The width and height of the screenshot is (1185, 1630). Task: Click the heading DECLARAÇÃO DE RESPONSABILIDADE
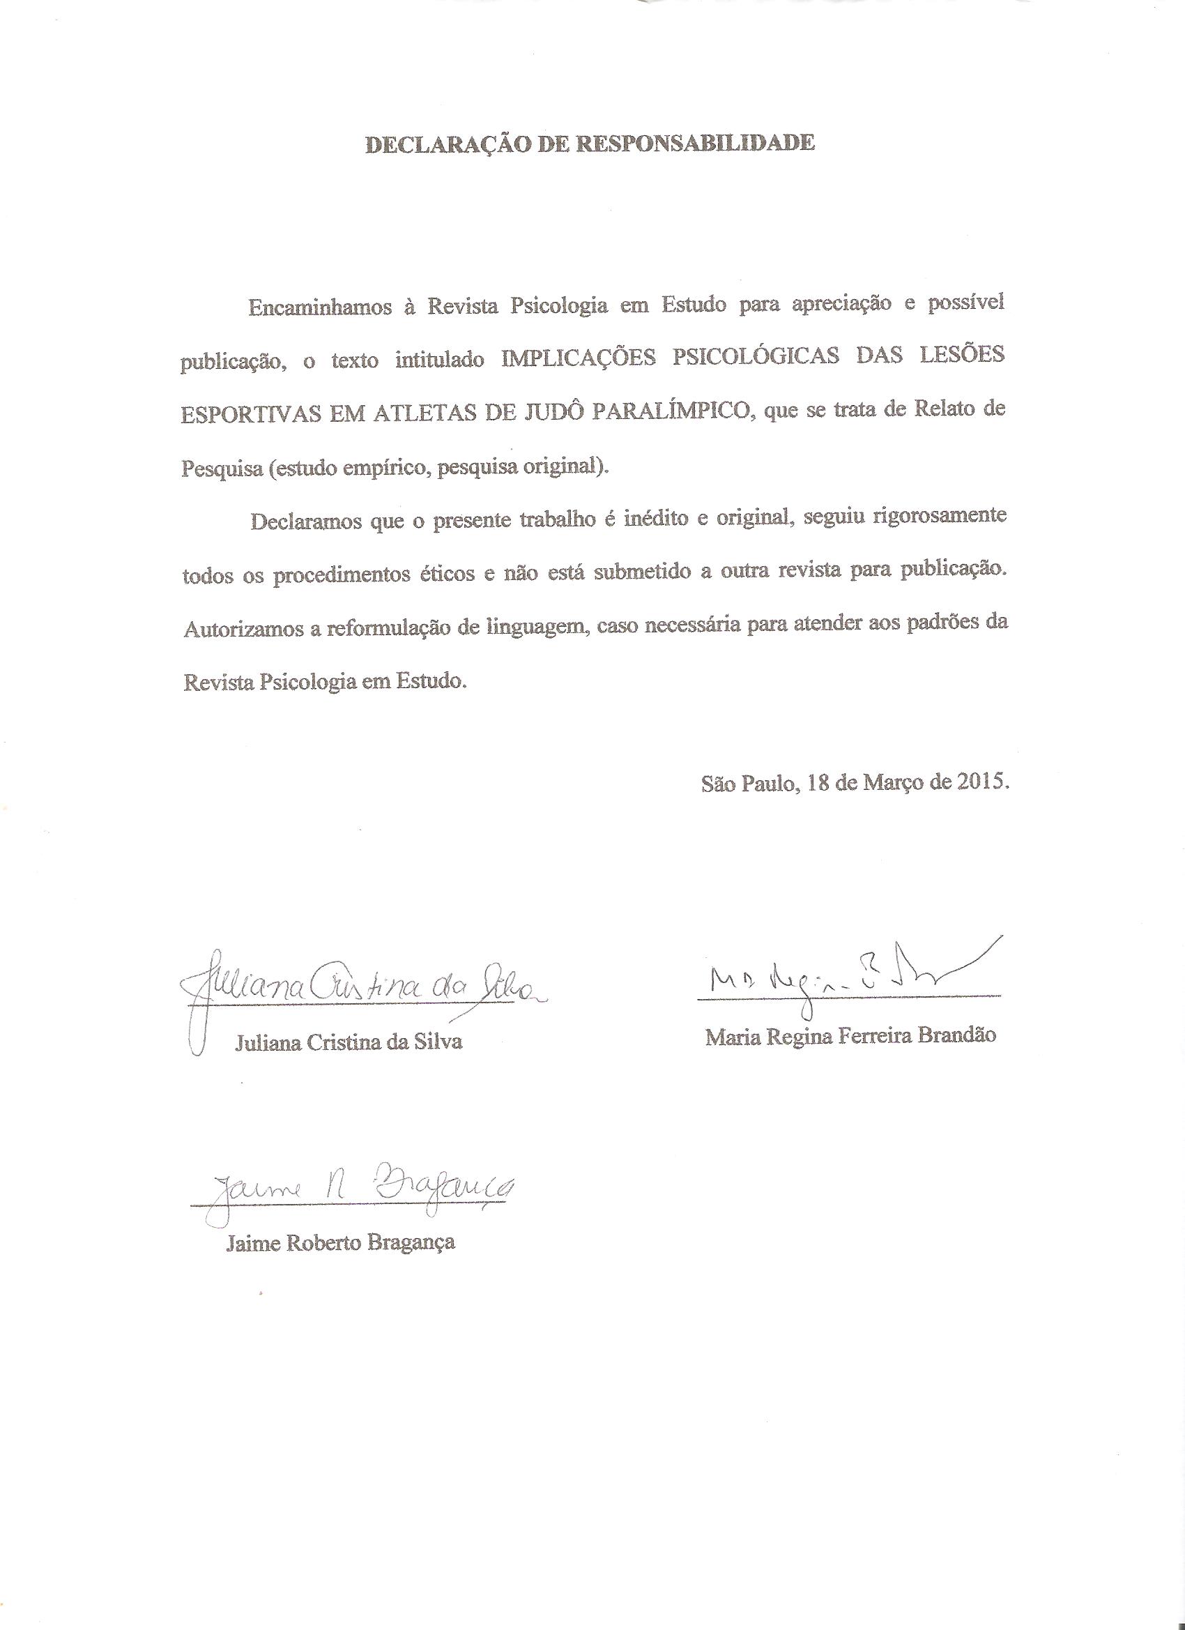[x=590, y=144]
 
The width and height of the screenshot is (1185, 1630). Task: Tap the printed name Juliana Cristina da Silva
[x=349, y=1042]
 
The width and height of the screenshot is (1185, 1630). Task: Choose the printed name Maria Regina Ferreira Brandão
[x=850, y=1035]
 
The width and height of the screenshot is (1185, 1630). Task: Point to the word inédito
[x=652, y=519]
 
